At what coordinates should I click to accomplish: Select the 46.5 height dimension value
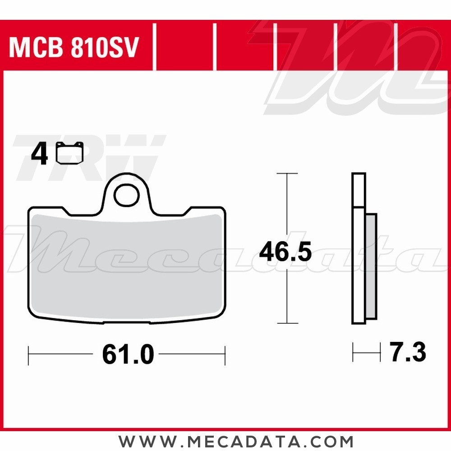tap(285, 253)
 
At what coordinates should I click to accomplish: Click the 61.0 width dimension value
tap(128, 355)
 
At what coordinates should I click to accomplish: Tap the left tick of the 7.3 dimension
tap(353, 352)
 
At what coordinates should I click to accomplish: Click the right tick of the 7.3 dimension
tap(375, 352)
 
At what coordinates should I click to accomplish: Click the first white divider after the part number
tap(154, 47)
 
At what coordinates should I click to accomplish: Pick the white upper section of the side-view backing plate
tap(359, 190)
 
